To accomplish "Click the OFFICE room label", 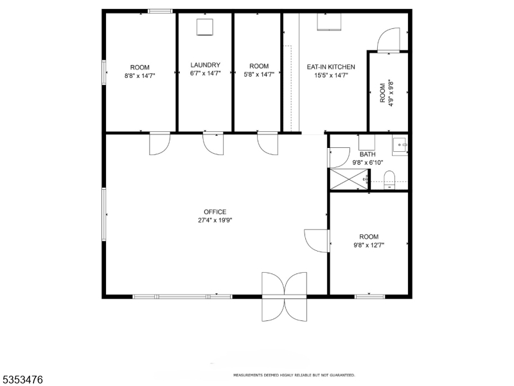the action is coord(215,212).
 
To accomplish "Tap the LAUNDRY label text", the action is coord(206,65).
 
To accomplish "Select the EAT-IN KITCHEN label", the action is coord(331,67).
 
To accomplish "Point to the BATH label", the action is coord(368,154).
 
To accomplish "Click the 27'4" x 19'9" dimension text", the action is coord(215,220).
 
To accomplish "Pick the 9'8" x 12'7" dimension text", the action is coord(369,245).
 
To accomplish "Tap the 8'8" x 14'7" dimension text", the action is coord(139,76).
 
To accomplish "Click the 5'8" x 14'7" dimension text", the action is coord(259,75).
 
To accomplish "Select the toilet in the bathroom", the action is coord(389,180).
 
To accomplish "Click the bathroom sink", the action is coord(400,145).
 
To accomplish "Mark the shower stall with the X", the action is coord(349,179).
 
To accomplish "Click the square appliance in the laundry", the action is coord(205,27).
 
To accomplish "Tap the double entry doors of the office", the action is coord(284,297).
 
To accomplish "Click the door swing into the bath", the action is coord(339,158).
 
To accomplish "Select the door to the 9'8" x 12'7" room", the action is coord(317,241).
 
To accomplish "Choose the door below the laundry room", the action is coord(213,143).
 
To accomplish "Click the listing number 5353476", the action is coord(22,380).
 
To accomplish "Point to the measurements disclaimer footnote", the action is coord(294,375).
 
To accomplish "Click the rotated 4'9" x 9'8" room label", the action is coord(387,93).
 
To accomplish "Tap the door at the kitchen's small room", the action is coord(389,40).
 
